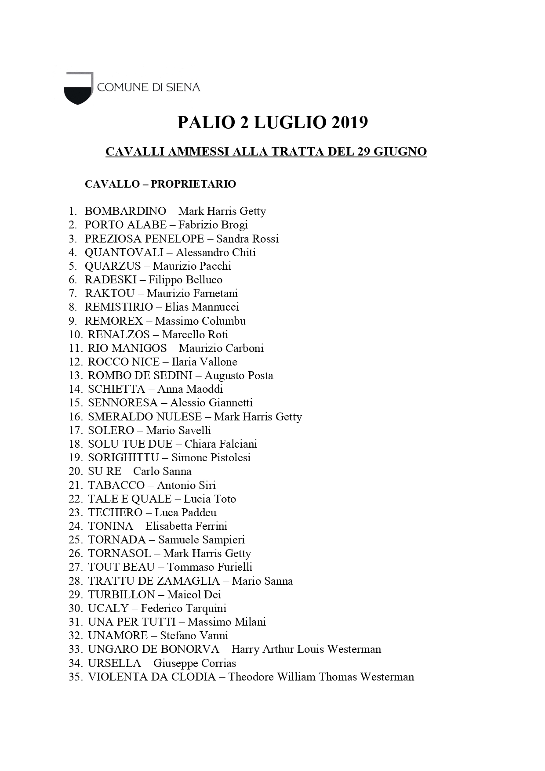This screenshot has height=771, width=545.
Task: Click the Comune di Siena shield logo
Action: (x=79, y=88)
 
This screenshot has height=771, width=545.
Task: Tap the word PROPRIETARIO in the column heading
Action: (x=193, y=184)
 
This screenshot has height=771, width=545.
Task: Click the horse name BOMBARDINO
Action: (x=125, y=211)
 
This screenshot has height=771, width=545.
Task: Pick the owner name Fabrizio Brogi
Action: (x=213, y=225)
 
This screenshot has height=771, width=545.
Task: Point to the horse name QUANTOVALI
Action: (x=124, y=252)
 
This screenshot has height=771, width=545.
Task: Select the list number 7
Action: (x=73, y=293)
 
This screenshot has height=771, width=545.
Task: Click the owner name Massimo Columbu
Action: (x=200, y=321)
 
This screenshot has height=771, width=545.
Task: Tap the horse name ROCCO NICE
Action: (x=124, y=362)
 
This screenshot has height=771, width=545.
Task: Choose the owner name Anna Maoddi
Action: (x=190, y=389)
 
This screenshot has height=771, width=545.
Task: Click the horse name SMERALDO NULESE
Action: (x=145, y=416)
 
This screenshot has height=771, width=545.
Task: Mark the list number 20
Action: (x=76, y=471)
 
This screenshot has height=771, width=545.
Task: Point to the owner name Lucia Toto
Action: (x=210, y=499)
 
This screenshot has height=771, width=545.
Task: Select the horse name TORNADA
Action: (x=117, y=539)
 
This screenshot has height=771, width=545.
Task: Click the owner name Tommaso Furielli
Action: (x=210, y=567)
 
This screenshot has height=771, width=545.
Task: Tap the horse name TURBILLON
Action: (x=121, y=594)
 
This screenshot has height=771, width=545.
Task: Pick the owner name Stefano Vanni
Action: (x=194, y=635)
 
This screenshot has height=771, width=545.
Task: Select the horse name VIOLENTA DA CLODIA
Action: (x=152, y=677)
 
